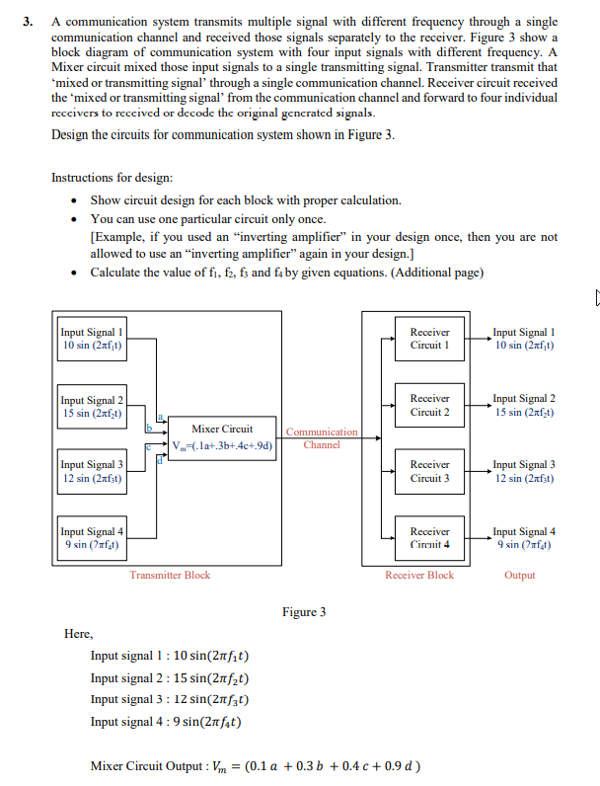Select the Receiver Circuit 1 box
429,339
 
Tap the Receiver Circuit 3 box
429,470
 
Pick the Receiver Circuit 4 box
429,537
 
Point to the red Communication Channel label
322,438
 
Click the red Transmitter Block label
169,575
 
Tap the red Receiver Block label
419,575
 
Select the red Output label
519,575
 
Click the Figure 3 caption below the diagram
304,612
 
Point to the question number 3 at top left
31,21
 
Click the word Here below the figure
78,634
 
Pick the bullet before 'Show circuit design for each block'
76,200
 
